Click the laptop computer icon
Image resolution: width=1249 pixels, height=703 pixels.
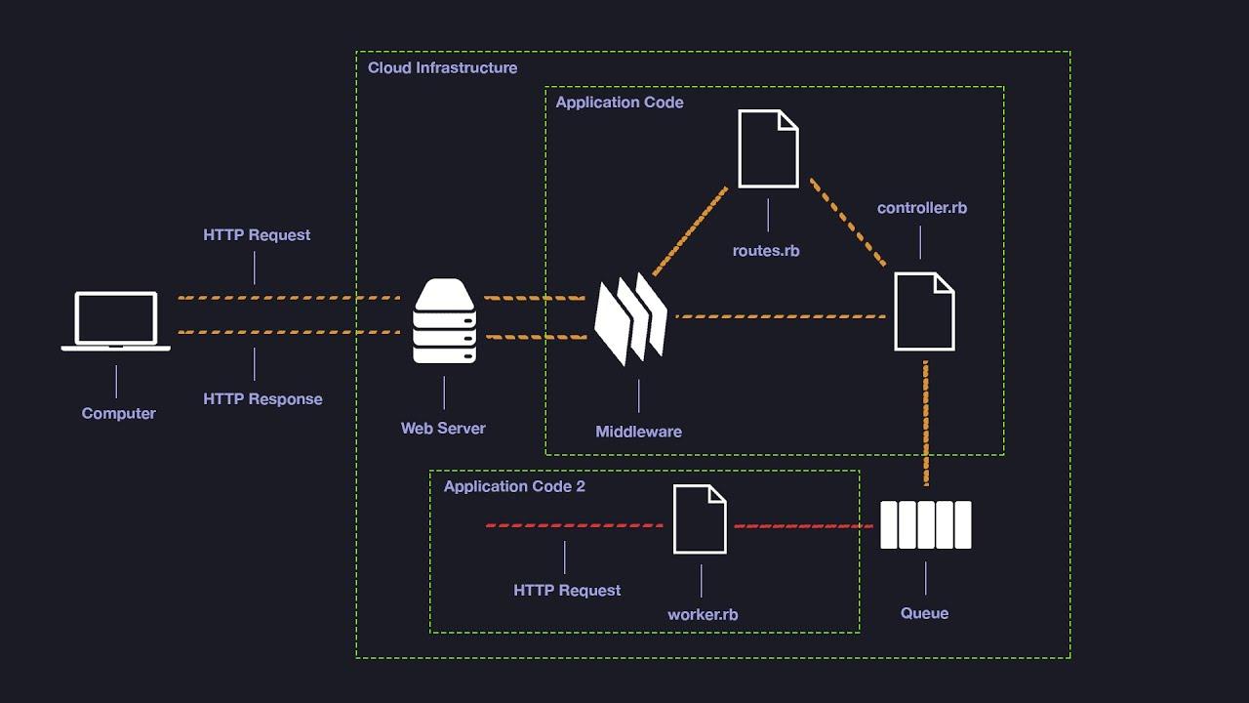tap(116, 320)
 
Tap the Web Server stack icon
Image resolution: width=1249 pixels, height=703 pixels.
tap(444, 321)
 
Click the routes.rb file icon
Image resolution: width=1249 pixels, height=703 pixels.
tap(768, 148)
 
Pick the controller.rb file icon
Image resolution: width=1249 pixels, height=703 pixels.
tap(924, 311)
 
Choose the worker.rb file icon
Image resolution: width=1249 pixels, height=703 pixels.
tap(700, 520)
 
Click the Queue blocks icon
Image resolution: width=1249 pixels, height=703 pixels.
tap(925, 525)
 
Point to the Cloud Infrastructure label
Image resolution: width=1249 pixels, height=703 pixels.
tap(442, 68)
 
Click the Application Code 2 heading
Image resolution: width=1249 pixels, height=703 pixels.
tap(514, 486)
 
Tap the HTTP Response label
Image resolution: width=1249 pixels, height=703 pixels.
tap(262, 399)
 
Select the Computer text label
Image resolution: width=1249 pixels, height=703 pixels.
tap(118, 414)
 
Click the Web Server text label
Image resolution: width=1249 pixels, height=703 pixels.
tap(443, 429)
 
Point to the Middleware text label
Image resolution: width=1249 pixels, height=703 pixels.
tap(639, 432)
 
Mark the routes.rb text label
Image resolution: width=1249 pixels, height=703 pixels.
tap(766, 251)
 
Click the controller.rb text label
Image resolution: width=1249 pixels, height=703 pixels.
tap(922, 208)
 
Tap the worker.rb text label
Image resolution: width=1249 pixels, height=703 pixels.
tap(703, 615)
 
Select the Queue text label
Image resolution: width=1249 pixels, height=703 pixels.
tap(924, 613)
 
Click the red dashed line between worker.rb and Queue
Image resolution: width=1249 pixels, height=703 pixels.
tap(803, 526)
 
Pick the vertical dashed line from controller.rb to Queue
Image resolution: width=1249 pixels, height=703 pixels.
tap(925, 420)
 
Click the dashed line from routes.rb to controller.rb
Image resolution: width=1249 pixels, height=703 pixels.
tap(847, 222)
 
